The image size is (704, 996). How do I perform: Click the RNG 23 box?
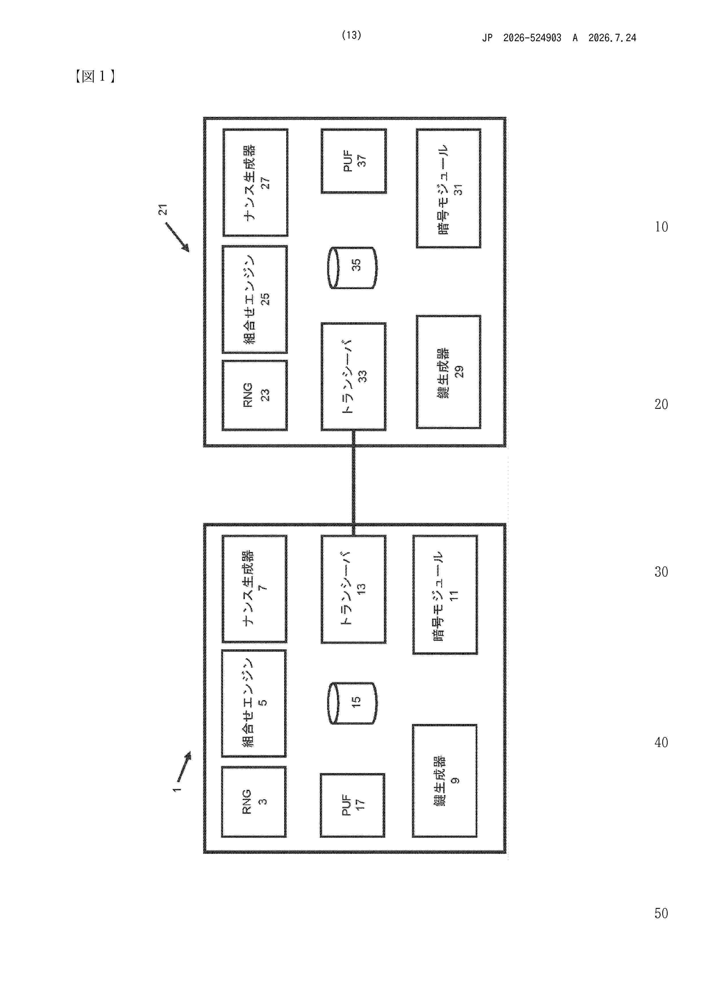tap(255, 395)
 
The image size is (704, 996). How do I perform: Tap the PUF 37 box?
tap(353, 161)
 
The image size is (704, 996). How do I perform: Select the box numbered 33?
tap(353, 376)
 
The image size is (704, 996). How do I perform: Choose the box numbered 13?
tap(353, 589)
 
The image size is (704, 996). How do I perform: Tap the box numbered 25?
tap(255, 299)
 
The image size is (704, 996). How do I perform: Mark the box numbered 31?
tap(449, 188)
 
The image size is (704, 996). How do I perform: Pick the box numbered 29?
tap(449, 372)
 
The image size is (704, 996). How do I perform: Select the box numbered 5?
tap(254, 703)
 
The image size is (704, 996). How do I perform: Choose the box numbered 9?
tap(445, 781)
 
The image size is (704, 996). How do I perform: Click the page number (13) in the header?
tap(351, 35)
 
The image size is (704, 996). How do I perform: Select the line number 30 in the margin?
tap(661, 572)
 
